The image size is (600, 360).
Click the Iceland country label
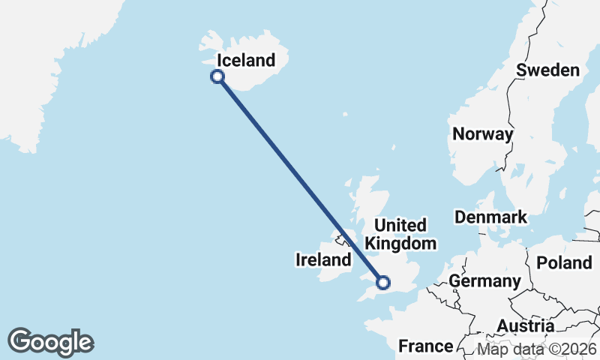click(246, 61)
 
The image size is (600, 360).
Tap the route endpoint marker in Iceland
click(217, 76)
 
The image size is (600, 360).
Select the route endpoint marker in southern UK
click(383, 283)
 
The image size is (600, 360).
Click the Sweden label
click(548, 70)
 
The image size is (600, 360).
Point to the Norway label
click(483, 134)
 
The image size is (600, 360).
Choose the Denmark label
click(491, 217)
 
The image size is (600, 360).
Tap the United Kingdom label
click(400, 234)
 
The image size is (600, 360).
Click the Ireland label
click(324, 260)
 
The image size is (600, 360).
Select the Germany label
click(485, 281)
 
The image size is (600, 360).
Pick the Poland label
click(564, 263)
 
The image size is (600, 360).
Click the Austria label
click(525, 326)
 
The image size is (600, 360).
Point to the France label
click(425, 346)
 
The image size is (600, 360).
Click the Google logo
click(50, 342)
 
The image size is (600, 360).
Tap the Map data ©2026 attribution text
click(537, 349)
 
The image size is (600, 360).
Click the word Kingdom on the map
click(400, 244)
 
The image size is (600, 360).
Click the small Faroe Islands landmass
click(344, 115)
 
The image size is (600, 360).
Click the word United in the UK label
click(400, 225)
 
